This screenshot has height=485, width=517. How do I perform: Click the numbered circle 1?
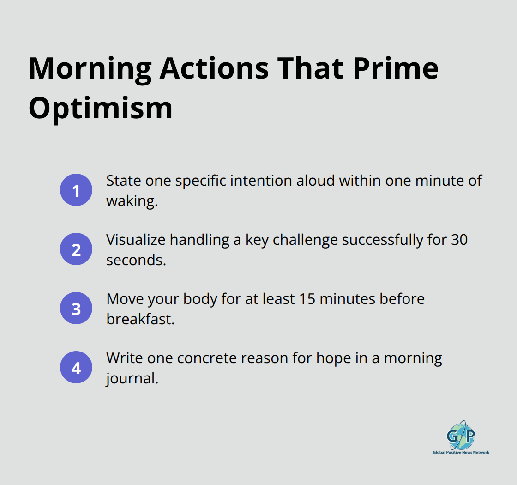click(x=76, y=190)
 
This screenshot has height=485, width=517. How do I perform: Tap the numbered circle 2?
click(x=76, y=249)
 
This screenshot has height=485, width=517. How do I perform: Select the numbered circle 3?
click(x=76, y=308)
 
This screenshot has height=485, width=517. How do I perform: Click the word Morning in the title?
click(x=90, y=68)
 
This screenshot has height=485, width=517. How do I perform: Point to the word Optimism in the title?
click(x=101, y=109)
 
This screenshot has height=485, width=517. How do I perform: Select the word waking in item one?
click(x=132, y=201)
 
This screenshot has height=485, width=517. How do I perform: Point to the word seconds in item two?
click(x=136, y=260)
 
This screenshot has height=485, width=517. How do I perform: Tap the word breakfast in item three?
click(x=140, y=319)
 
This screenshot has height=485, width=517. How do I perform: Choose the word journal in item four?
click(x=132, y=378)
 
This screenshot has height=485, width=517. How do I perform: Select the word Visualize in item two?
click(x=136, y=239)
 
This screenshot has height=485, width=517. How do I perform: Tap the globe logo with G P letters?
click(x=460, y=435)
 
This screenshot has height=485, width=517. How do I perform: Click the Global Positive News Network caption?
click(x=461, y=453)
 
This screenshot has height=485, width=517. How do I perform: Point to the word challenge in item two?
click(x=305, y=239)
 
